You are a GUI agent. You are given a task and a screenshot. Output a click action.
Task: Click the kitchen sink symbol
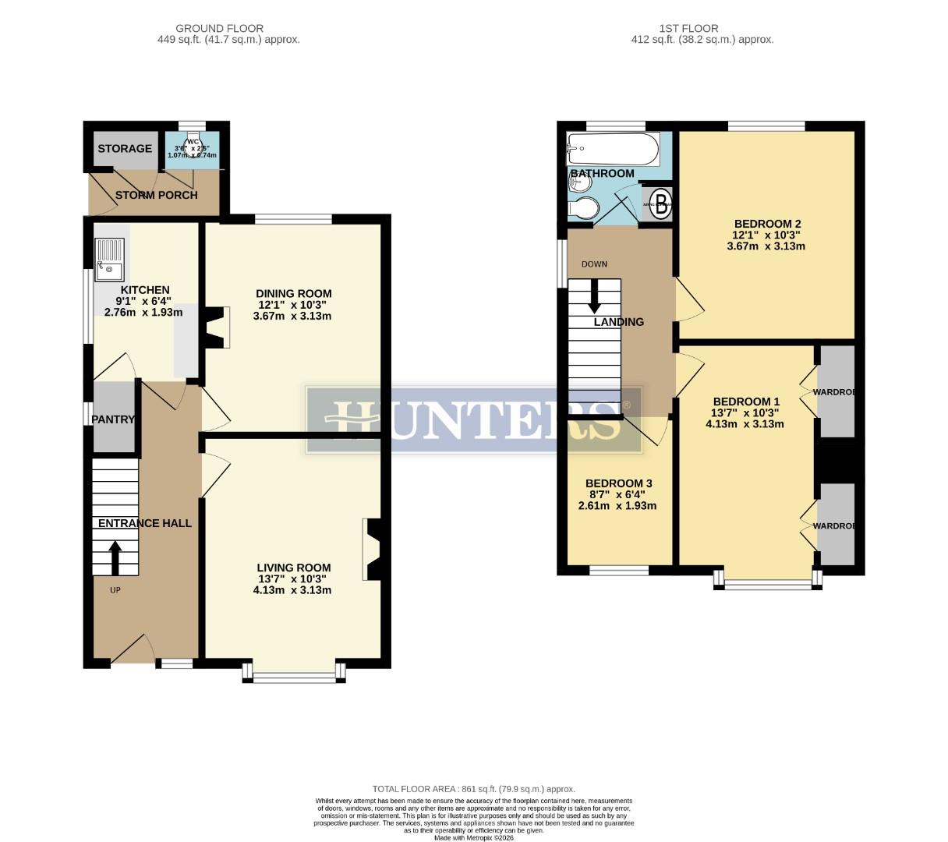[x=109, y=259]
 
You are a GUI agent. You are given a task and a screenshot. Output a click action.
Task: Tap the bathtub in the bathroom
[x=614, y=146]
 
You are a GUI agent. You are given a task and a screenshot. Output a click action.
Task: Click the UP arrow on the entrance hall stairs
[x=115, y=557]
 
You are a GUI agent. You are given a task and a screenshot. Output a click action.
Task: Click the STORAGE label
[x=125, y=149]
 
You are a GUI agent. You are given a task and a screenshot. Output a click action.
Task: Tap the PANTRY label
[x=113, y=419]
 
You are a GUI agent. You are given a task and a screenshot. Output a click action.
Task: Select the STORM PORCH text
[x=157, y=195]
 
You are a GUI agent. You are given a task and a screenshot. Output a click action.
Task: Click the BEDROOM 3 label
[x=618, y=483]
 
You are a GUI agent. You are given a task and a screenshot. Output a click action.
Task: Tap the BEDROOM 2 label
[x=767, y=224]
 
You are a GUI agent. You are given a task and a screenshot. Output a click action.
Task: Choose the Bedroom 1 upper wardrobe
[x=836, y=391]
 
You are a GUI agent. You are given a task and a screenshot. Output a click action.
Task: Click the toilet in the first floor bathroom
[x=583, y=209]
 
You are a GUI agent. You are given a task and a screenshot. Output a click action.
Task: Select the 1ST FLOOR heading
[x=677, y=28]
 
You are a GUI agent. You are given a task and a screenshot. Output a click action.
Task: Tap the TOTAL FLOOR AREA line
[x=473, y=789]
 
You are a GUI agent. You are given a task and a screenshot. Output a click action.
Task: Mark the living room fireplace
[x=371, y=550]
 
